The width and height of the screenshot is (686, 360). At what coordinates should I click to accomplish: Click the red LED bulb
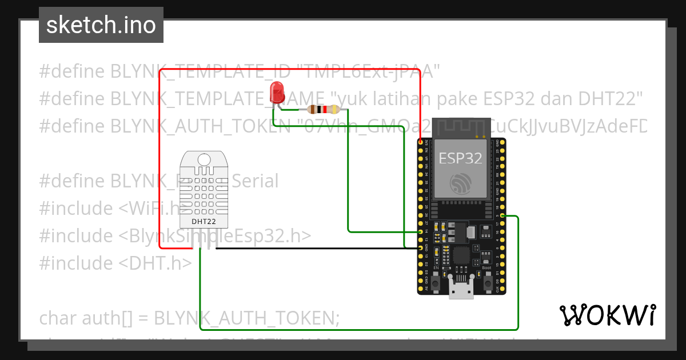pyautogui.click(x=277, y=91)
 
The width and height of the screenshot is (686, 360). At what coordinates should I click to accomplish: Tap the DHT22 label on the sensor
pyautogui.click(x=204, y=221)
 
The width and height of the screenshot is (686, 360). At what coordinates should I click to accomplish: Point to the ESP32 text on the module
pyautogui.click(x=460, y=158)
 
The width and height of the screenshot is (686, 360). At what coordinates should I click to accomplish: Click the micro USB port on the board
pyautogui.click(x=461, y=291)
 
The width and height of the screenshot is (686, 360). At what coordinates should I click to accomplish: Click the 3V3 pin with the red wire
pyautogui.click(x=421, y=142)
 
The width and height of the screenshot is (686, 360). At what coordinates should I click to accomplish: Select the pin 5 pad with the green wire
pyautogui.click(x=501, y=216)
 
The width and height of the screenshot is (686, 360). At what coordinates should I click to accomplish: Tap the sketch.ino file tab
pyautogui.click(x=101, y=25)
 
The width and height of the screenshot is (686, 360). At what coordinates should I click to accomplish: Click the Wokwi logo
pyautogui.click(x=607, y=315)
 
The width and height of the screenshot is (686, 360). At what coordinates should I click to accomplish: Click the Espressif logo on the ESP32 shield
pyautogui.click(x=460, y=183)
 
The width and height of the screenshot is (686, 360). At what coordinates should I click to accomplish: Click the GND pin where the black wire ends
pyautogui.click(x=421, y=249)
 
